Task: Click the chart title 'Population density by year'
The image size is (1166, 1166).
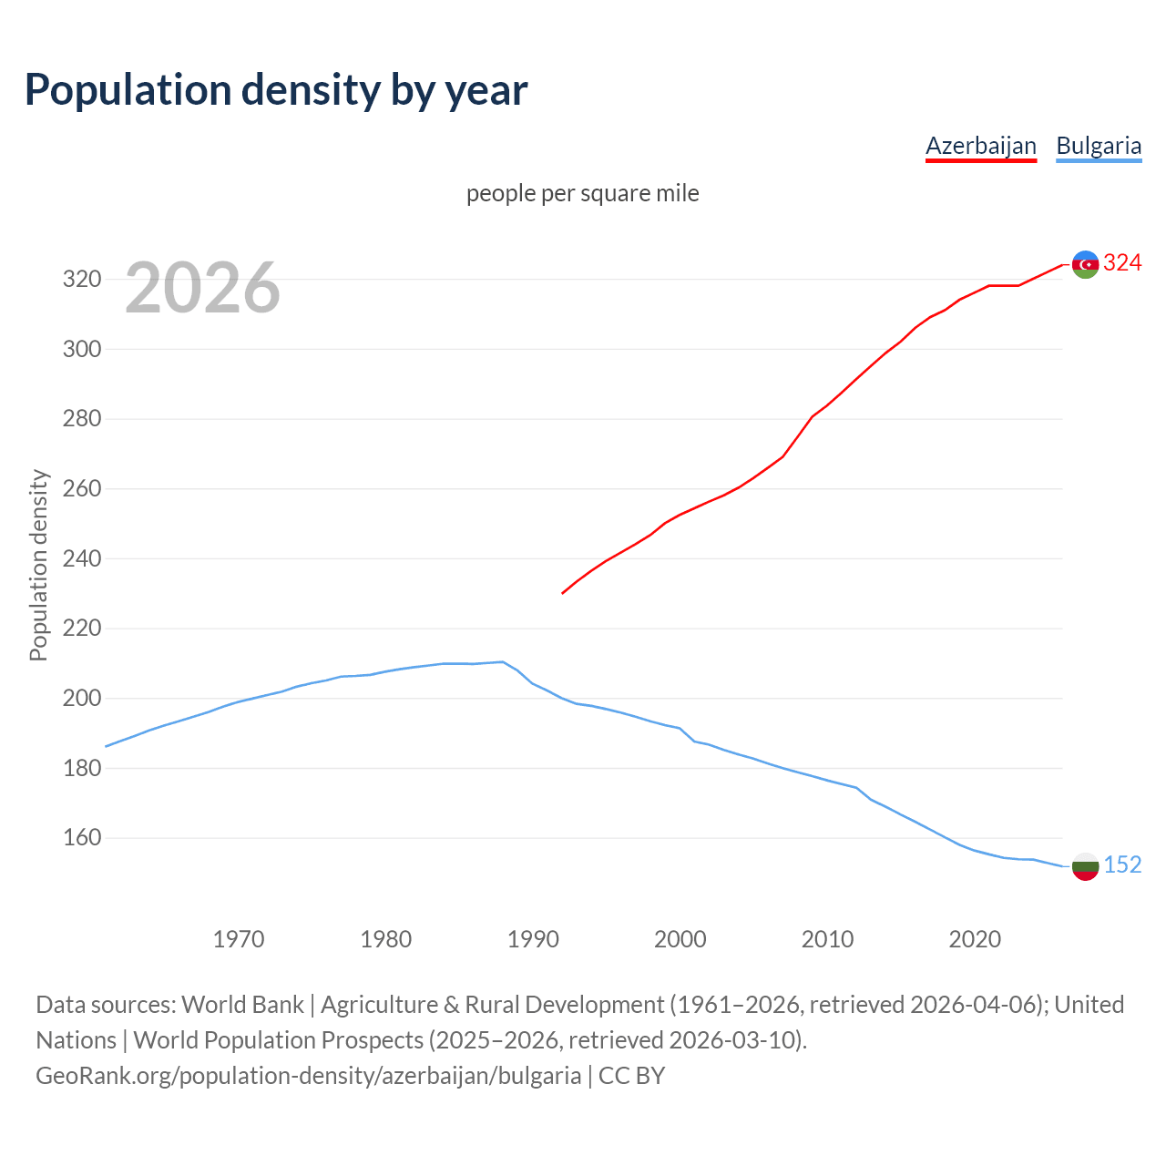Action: pos(276,89)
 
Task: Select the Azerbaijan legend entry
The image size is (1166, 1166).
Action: pos(980,146)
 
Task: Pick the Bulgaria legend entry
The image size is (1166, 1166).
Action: pos(1098,146)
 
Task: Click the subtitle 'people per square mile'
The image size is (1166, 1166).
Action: pos(582,193)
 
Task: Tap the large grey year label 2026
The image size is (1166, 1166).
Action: pos(202,288)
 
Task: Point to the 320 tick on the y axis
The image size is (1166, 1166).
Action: pos(81,279)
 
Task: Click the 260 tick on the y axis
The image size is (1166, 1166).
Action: pos(81,488)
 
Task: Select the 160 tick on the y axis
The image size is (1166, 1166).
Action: pos(81,837)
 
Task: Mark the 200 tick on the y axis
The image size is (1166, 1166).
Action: pos(81,698)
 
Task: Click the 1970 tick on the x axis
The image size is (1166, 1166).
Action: pos(239,938)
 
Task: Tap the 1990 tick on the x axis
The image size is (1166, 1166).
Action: pos(533,938)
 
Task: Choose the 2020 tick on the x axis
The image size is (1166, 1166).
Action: pos(975,938)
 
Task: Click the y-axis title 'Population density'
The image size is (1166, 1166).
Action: pos(38,565)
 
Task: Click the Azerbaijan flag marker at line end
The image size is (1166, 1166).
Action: pos(1085,264)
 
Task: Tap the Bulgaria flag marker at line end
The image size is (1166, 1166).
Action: pos(1085,866)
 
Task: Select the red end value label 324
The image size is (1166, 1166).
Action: pos(1122,263)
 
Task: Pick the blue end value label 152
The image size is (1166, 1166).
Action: pos(1122,864)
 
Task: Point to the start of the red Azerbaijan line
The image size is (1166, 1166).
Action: pos(563,593)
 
